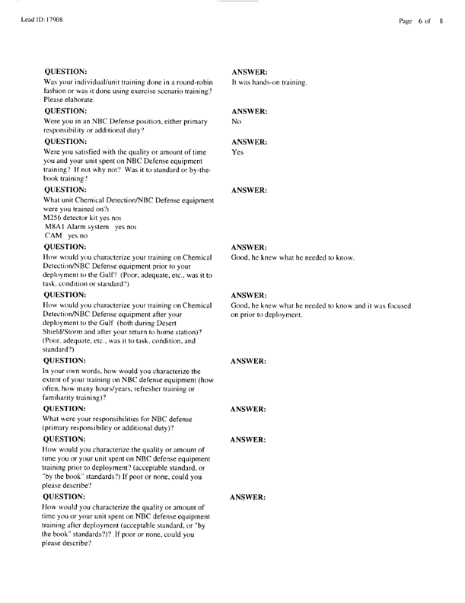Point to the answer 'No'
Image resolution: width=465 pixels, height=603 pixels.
point(236,121)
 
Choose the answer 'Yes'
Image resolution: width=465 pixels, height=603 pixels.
point(237,152)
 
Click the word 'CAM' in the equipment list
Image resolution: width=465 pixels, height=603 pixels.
point(54,236)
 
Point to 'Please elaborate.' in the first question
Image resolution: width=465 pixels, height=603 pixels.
point(68,100)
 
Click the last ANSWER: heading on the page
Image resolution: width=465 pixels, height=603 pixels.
point(248,497)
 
